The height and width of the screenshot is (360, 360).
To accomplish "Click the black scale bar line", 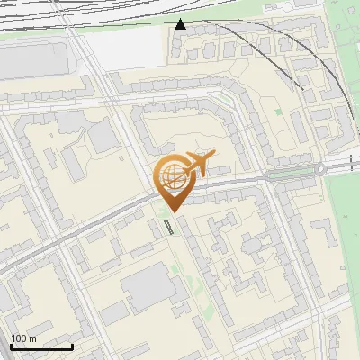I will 41,346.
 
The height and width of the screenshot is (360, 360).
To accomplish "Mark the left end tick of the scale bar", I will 11,345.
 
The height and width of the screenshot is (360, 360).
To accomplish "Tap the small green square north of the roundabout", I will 277,112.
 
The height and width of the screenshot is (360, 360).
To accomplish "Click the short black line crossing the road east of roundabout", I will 351,162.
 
